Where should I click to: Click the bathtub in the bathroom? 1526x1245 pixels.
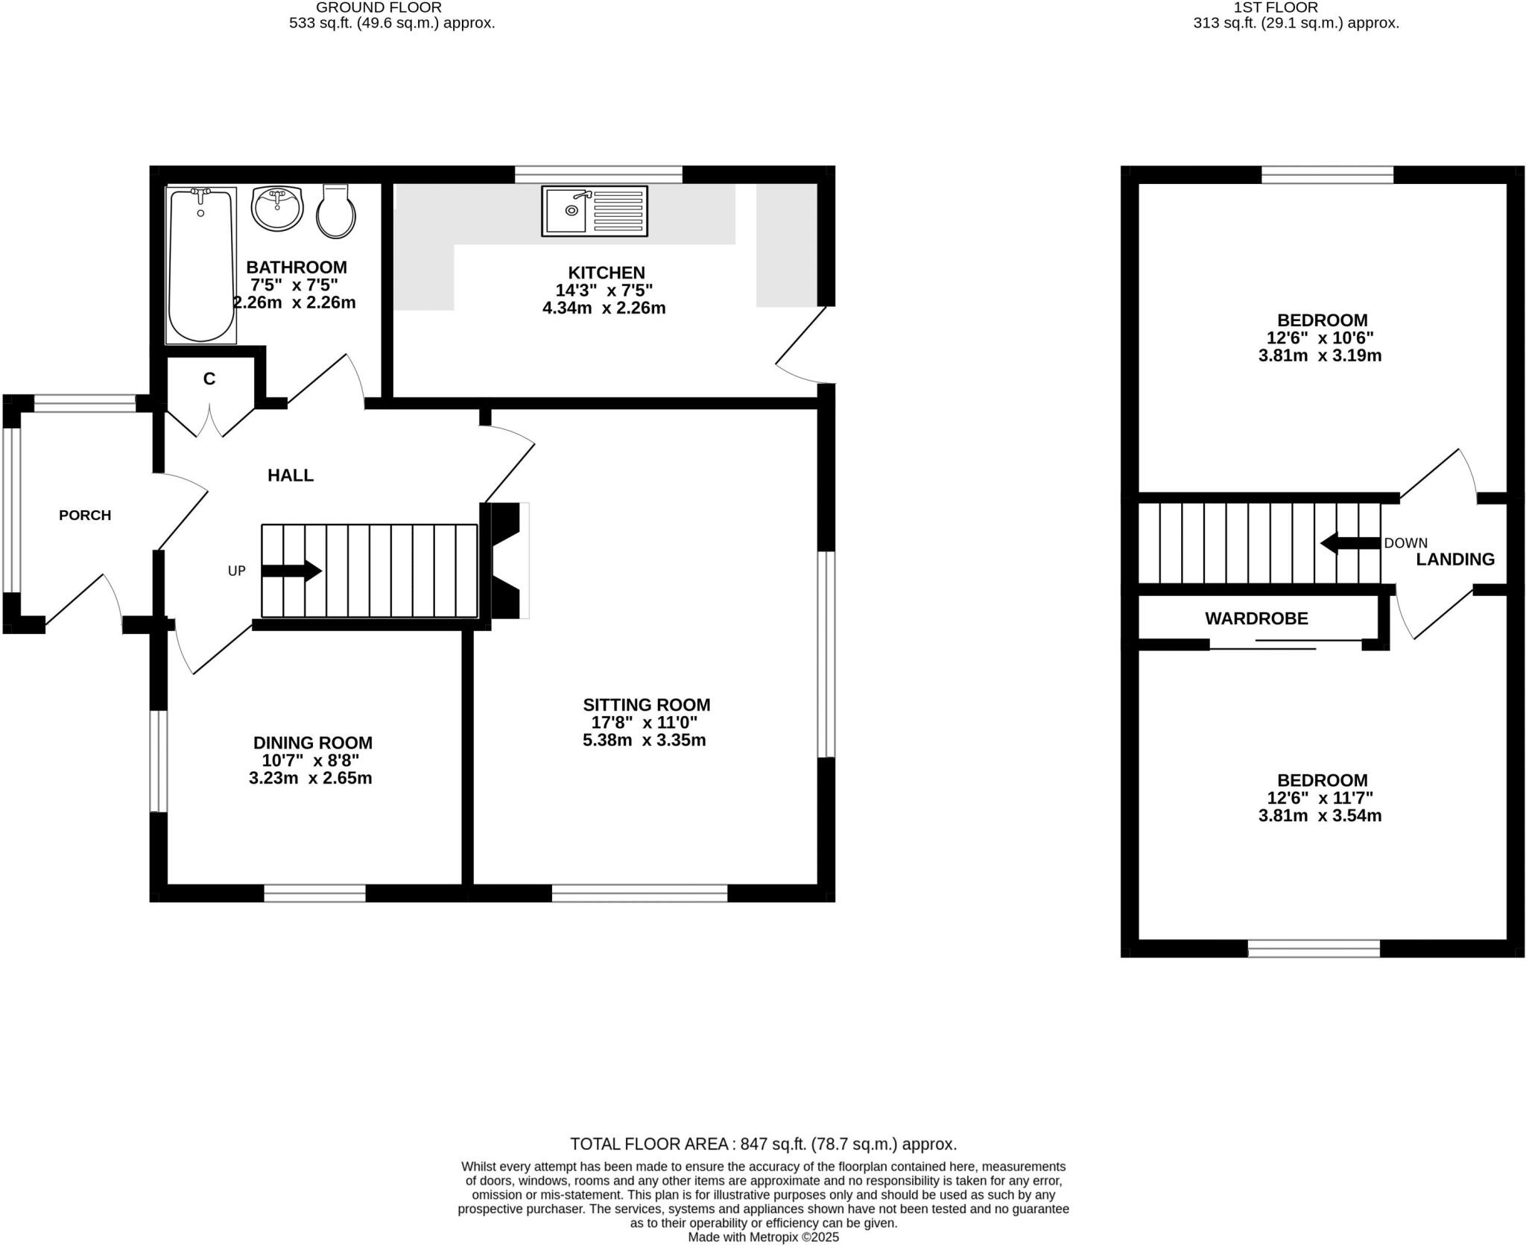pos(200,265)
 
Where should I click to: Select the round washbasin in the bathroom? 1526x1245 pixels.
pos(277,209)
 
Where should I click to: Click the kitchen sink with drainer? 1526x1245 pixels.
pos(595,212)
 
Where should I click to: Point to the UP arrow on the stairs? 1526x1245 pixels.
pos(291,571)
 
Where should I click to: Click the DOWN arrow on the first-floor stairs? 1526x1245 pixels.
pos(1349,543)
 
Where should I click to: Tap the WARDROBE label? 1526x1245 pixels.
pos(1256,618)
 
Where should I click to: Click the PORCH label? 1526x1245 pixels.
pos(85,515)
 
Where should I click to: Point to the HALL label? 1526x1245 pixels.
pos(291,475)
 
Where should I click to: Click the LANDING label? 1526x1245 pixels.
pos(1454,560)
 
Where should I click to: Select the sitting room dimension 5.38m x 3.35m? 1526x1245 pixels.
pos(644,741)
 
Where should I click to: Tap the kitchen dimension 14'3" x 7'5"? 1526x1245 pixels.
pos(604,291)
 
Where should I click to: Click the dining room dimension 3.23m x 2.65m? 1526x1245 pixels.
pos(311,779)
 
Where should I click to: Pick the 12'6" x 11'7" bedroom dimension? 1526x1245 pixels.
pos(1320,798)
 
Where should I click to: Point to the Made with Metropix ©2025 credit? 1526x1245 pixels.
pos(763,1238)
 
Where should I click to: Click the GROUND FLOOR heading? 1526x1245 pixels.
pos(379,7)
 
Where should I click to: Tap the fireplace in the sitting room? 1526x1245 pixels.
pos(507,560)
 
